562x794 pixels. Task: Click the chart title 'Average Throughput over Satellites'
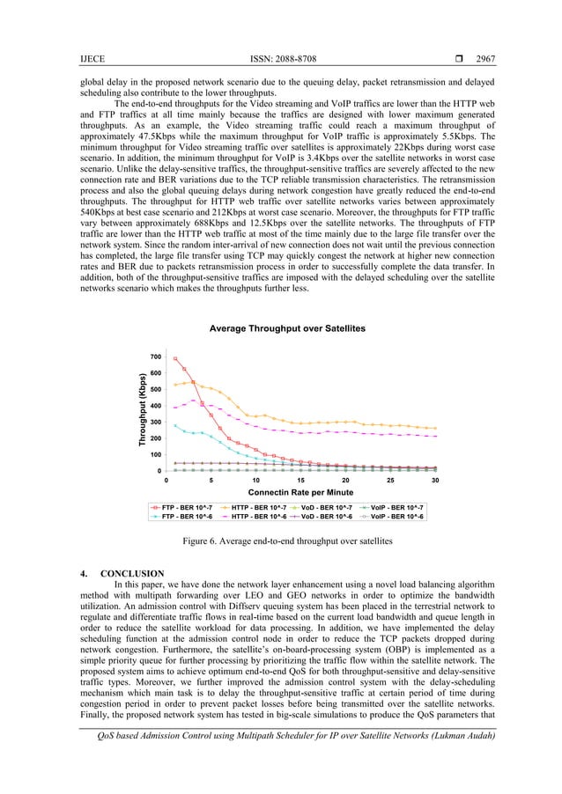286,328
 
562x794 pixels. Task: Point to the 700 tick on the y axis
154,357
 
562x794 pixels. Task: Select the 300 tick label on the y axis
154,423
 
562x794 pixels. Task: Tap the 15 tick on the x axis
300,481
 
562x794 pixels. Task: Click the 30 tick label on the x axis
435,481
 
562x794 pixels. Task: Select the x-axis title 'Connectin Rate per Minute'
300,494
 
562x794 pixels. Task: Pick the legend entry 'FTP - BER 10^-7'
191,508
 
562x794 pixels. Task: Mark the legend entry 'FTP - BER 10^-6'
191,517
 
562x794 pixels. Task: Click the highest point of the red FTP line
175,358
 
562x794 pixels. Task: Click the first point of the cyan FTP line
175,425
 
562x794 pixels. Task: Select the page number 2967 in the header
485,59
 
